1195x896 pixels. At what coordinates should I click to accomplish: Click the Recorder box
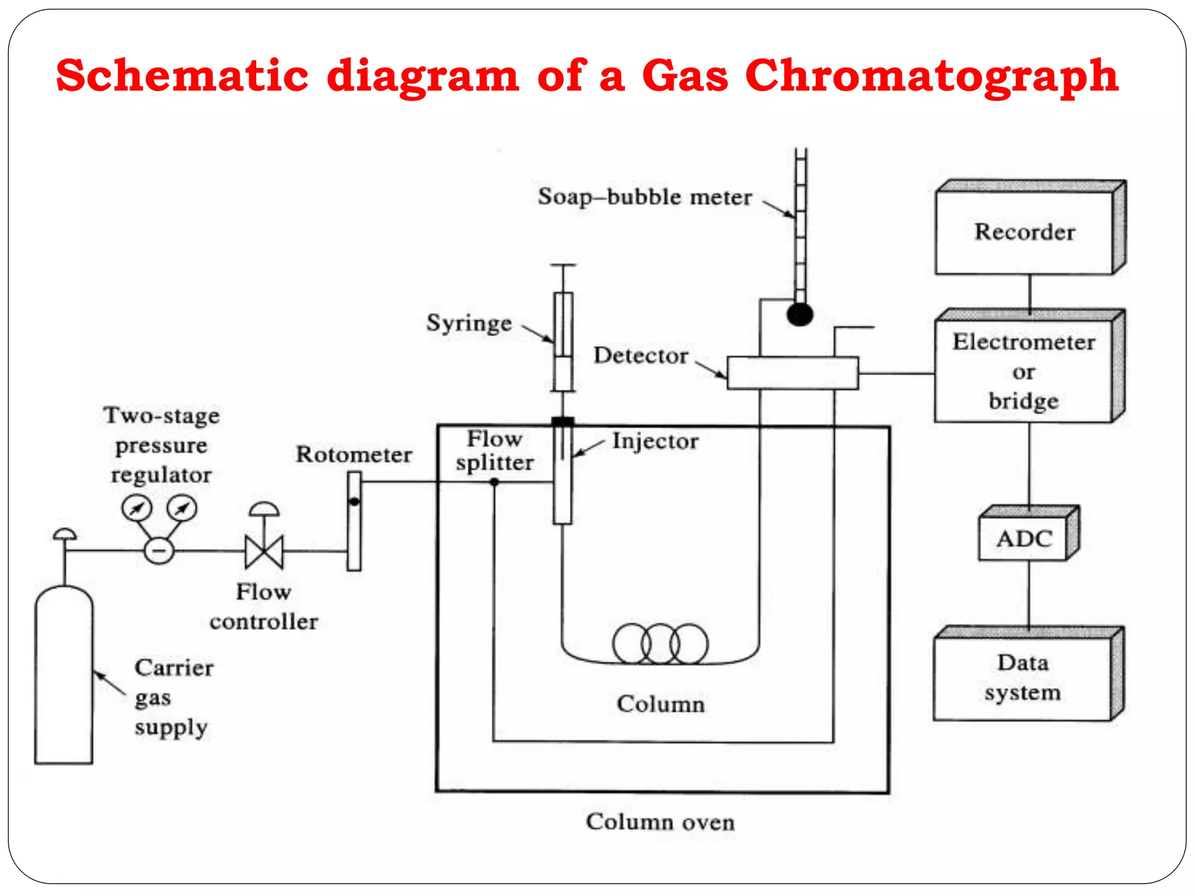[x=1024, y=232]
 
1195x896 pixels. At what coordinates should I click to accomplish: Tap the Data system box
[x=1022, y=678]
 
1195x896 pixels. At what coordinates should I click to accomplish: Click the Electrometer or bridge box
[x=1023, y=371]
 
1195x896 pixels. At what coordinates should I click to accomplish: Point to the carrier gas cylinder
[x=64, y=677]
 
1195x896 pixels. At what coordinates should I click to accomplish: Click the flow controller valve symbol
[x=264, y=551]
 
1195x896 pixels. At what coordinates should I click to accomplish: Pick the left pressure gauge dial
[x=137, y=508]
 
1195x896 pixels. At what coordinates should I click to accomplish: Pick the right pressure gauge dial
[x=182, y=508]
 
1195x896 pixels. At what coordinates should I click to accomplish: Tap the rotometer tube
[x=354, y=521]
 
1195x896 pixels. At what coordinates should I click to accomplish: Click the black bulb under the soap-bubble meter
[x=799, y=315]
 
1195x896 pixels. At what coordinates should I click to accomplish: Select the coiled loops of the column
[x=661, y=643]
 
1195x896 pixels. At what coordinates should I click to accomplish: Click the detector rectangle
[x=792, y=373]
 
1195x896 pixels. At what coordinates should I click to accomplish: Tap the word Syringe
[x=469, y=323]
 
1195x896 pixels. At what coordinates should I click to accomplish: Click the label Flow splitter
[x=495, y=451]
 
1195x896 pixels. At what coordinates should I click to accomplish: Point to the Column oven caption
[x=660, y=822]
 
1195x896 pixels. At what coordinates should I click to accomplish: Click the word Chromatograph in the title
[x=931, y=76]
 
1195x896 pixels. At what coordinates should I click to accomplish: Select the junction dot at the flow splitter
[x=494, y=482]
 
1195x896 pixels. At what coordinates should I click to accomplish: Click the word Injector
[x=655, y=442]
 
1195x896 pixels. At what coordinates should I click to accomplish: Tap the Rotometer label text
[x=354, y=454]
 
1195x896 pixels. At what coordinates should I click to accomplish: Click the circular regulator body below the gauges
[x=159, y=550]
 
